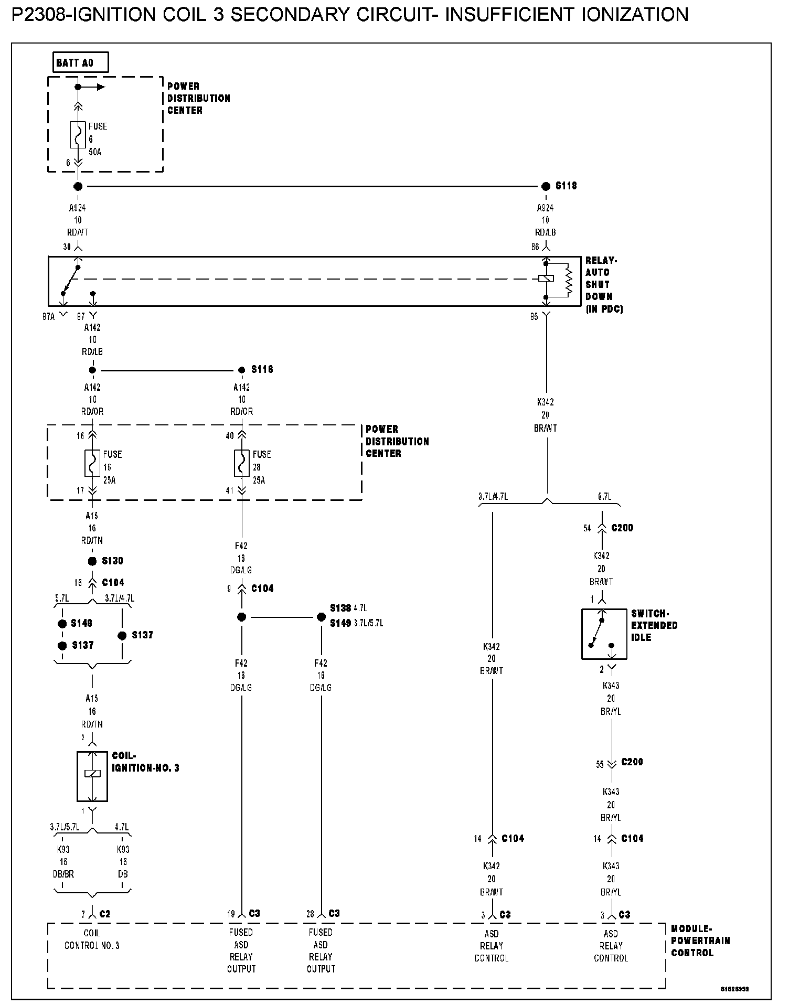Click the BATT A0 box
click(x=81, y=63)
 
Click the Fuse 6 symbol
click(x=78, y=135)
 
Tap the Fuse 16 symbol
click(x=92, y=463)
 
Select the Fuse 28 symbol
click(x=242, y=463)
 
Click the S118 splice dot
click(x=546, y=186)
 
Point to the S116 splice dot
click(x=242, y=370)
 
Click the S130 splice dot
click(x=92, y=561)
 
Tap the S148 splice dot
click(x=62, y=624)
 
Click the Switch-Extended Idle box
click(x=604, y=634)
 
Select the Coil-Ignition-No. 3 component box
click(x=92, y=776)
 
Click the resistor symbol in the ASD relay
click(x=569, y=281)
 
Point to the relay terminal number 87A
click(x=48, y=317)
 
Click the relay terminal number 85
click(x=534, y=317)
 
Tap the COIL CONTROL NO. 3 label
click(x=92, y=939)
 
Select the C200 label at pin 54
click(x=622, y=528)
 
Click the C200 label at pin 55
click(x=632, y=762)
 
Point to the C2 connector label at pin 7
click(x=104, y=914)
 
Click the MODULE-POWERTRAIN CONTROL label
click(x=700, y=940)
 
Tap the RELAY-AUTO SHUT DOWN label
click(x=603, y=285)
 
